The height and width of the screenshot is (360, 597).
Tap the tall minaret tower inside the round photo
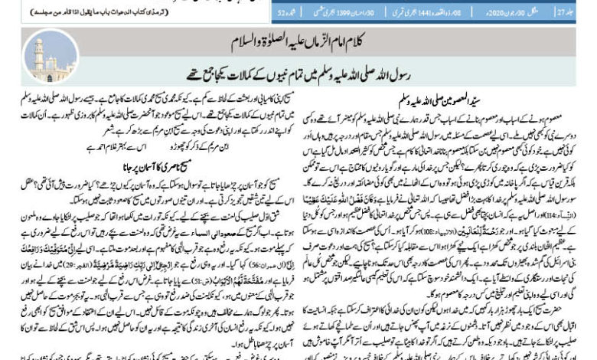click(39, 53)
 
